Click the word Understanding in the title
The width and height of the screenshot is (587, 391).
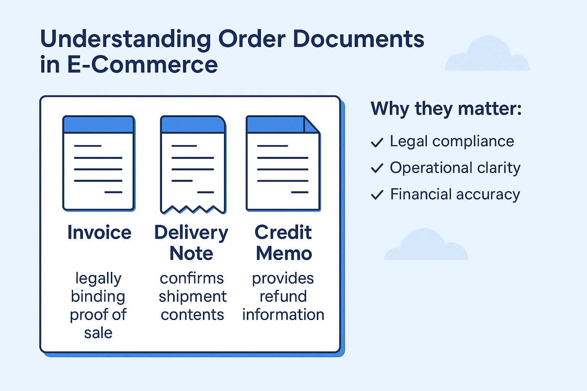pyautogui.click(x=125, y=39)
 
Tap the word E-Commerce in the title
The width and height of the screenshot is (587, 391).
pyautogui.click(x=143, y=65)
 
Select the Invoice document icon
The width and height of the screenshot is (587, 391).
pyautogui.click(x=99, y=163)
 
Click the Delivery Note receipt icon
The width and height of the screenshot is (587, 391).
pyautogui.click(x=193, y=164)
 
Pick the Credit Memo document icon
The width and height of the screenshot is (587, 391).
pyautogui.click(x=283, y=163)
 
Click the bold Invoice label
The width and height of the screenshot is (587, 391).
pyautogui.click(x=99, y=233)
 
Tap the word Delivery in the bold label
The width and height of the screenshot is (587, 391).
pyautogui.click(x=191, y=233)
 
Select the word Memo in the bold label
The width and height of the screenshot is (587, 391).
pyautogui.click(x=284, y=254)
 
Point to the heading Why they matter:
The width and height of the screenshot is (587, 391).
pyautogui.click(x=446, y=108)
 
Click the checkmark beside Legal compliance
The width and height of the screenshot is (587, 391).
pyautogui.click(x=377, y=142)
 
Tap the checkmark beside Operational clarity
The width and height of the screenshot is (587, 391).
pyautogui.click(x=377, y=168)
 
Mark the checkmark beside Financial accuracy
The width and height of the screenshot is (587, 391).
pyautogui.click(x=377, y=195)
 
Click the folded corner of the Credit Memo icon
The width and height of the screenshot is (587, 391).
pyautogui.click(x=310, y=124)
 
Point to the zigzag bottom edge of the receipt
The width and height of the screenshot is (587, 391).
pyautogui.click(x=193, y=209)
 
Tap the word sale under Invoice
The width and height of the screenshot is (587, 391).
pyautogui.click(x=98, y=333)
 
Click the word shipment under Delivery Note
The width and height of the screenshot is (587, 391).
pyautogui.click(x=193, y=297)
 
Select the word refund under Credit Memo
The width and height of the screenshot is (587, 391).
pyautogui.click(x=283, y=297)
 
